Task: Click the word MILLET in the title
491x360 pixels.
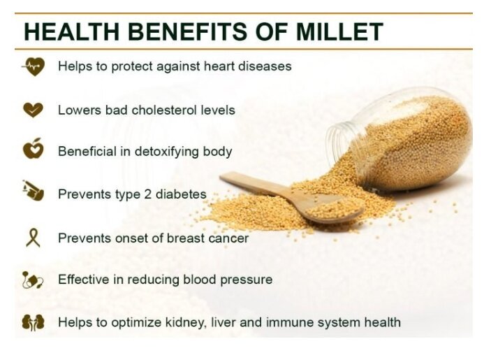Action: point(339,31)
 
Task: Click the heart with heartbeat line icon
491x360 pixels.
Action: point(34,66)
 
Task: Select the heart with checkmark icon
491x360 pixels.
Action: point(33,110)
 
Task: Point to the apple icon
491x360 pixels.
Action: point(34,148)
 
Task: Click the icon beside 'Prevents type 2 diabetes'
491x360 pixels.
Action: point(33,191)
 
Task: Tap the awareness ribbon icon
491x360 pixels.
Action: point(34,238)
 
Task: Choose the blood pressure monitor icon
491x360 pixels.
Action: point(33,280)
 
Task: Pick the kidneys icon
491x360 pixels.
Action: point(33,322)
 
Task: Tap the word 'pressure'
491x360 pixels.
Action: point(246,280)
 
